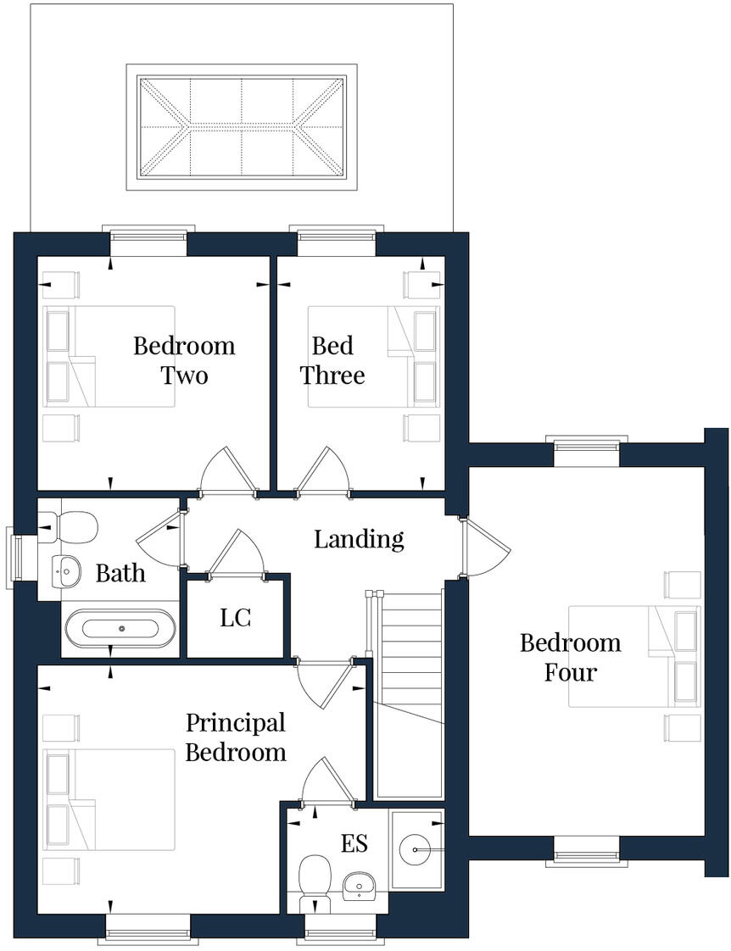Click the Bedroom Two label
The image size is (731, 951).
(x=184, y=360)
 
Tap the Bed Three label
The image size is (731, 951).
(x=332, y=360)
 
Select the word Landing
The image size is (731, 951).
(x=359, y=539)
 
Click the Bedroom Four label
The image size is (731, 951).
(x=570, y=657)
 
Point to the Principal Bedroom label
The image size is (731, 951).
(x=235, y=737)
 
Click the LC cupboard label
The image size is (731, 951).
(x=235, y=618)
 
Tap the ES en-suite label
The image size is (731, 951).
(x=354, y=844)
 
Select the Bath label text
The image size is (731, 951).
(x=120, y=574)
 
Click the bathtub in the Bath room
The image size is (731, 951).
(x=121, y=629)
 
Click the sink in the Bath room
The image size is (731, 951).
(x=65, y=572)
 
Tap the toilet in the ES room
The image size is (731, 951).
(x=315, y=877)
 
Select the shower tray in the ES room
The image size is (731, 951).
(x=416, y=848)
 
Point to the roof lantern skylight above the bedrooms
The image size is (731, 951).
(x=242, y=127)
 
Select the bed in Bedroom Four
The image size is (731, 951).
(x=633, y=656)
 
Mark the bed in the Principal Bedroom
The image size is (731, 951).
(x=110, y=798)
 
